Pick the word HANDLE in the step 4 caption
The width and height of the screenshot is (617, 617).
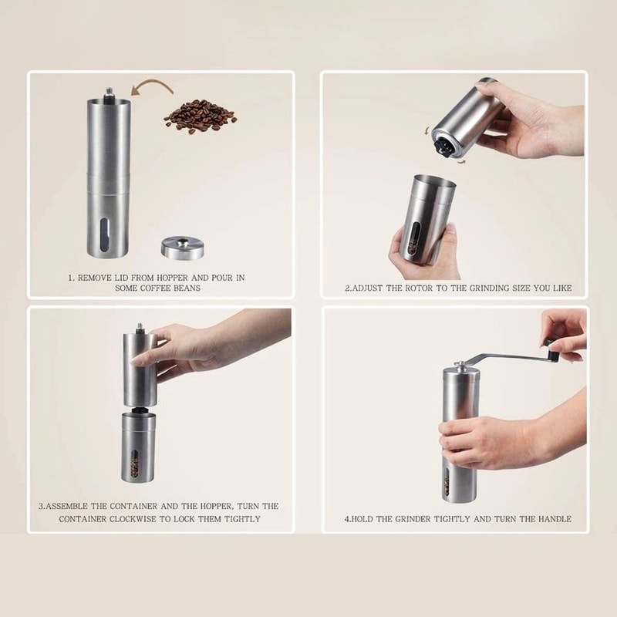pyautogui.click(x=554, y=519)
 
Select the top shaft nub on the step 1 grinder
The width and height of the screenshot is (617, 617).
pyautogui.click(x=108, y=94)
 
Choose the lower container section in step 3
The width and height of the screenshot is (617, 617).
pyautogui.click(x=138, y=451)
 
